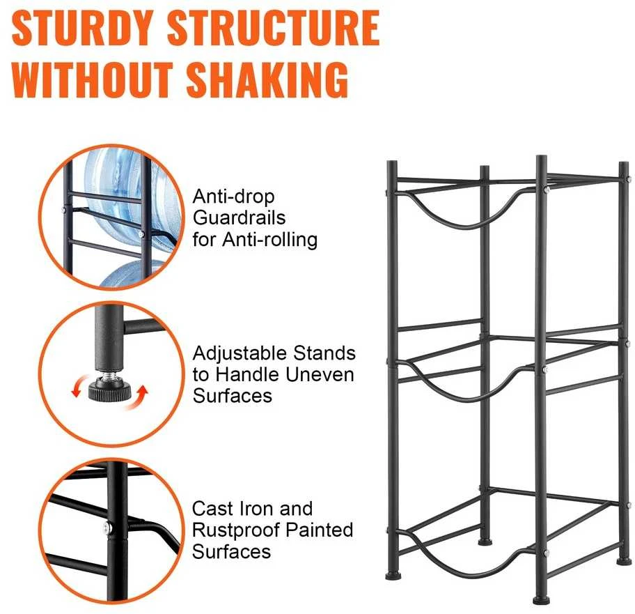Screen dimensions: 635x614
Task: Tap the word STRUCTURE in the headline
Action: [x=274, y=28]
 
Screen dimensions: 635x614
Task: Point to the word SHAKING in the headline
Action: [x=267, y=80]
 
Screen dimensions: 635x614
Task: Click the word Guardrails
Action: [x=240, y=217]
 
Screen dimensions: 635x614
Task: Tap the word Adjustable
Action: [x=240, y=354]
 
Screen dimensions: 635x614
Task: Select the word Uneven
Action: [x=320, y=374]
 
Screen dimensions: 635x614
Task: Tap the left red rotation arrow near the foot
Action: [x=80, y=385]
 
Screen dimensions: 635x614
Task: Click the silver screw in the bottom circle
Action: [x=107, y=528]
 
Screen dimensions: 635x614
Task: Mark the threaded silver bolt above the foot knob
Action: [x=109, y=375]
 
